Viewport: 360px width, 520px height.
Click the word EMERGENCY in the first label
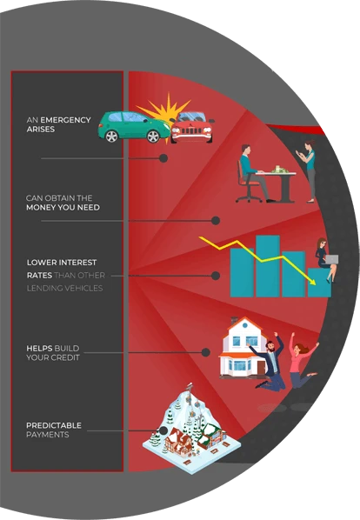65,120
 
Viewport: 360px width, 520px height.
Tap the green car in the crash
134,127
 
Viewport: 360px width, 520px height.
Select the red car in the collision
192,127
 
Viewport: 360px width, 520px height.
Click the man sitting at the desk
254,173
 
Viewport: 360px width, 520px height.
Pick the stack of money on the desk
280,170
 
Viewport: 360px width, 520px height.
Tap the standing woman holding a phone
309,170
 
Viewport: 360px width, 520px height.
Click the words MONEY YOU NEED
63,208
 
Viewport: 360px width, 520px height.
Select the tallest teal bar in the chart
268,266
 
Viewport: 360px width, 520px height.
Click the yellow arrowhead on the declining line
312,282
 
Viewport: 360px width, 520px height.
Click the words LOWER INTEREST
62,263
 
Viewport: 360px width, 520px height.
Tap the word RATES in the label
39,276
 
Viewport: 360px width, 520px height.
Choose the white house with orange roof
243,347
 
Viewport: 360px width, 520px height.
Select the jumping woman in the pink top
301,361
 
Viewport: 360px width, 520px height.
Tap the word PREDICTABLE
54,425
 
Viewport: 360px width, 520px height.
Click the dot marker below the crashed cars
163,158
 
